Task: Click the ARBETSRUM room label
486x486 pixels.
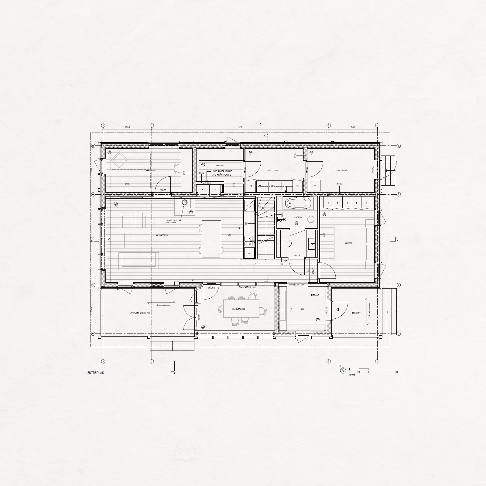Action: tap(150, 171)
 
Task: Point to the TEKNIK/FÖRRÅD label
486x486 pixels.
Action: tap(341, 171)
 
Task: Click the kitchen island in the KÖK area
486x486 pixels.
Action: tap(212, 239)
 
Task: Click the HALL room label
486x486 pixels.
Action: tap(302, 309)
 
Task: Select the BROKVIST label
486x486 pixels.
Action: tap(356, 313)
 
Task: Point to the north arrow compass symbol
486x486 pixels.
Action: tap(343, 370)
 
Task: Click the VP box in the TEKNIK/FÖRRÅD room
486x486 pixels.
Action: tap(314, 185)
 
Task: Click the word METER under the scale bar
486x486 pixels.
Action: tap(352, 375)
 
